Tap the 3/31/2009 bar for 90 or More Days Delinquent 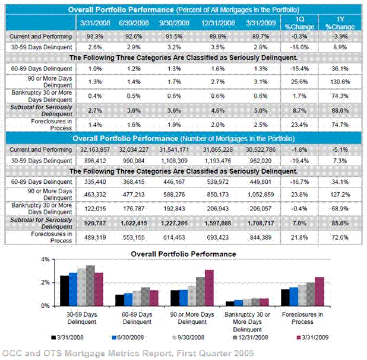coord(209,288)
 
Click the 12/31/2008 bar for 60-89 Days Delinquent coord(145,296)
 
